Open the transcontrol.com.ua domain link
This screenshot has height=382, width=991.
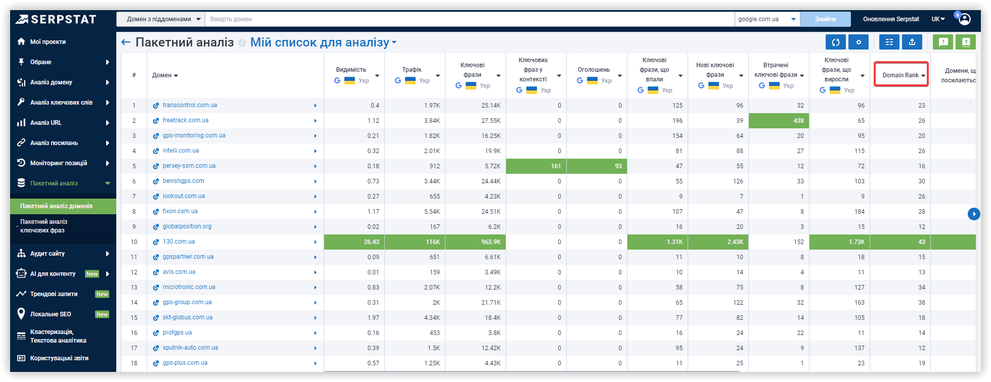tap(190, 105)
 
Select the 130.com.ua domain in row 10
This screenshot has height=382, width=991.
tap(178, 242)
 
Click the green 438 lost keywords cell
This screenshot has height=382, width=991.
tap(779, 121)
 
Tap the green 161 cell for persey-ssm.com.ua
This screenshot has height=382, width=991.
tap(536, 166)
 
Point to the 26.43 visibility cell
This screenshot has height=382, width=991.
tap(354, 242)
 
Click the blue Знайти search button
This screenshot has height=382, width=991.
tap(825, 19)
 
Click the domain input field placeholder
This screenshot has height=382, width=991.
tap(231, 19)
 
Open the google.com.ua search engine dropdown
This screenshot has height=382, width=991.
tap(767, 19)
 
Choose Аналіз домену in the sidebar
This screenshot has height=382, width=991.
tap(51, 82)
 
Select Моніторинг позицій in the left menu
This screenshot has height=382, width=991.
tap(59, 163)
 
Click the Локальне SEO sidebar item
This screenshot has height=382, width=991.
tap(51, 314)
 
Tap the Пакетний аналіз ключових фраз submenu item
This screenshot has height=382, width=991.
tap(43, 226)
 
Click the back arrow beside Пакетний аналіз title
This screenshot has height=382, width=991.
tap(126, 42)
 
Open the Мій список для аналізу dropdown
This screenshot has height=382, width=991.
tap(323, 42)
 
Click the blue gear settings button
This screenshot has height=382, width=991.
tap(859, 42)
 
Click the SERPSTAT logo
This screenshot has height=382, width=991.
tap(56, 19)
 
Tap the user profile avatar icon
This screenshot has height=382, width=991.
tap(965, 19)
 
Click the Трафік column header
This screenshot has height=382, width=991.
tap(412, 70)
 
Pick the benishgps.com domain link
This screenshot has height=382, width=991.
tap(183, 181)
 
